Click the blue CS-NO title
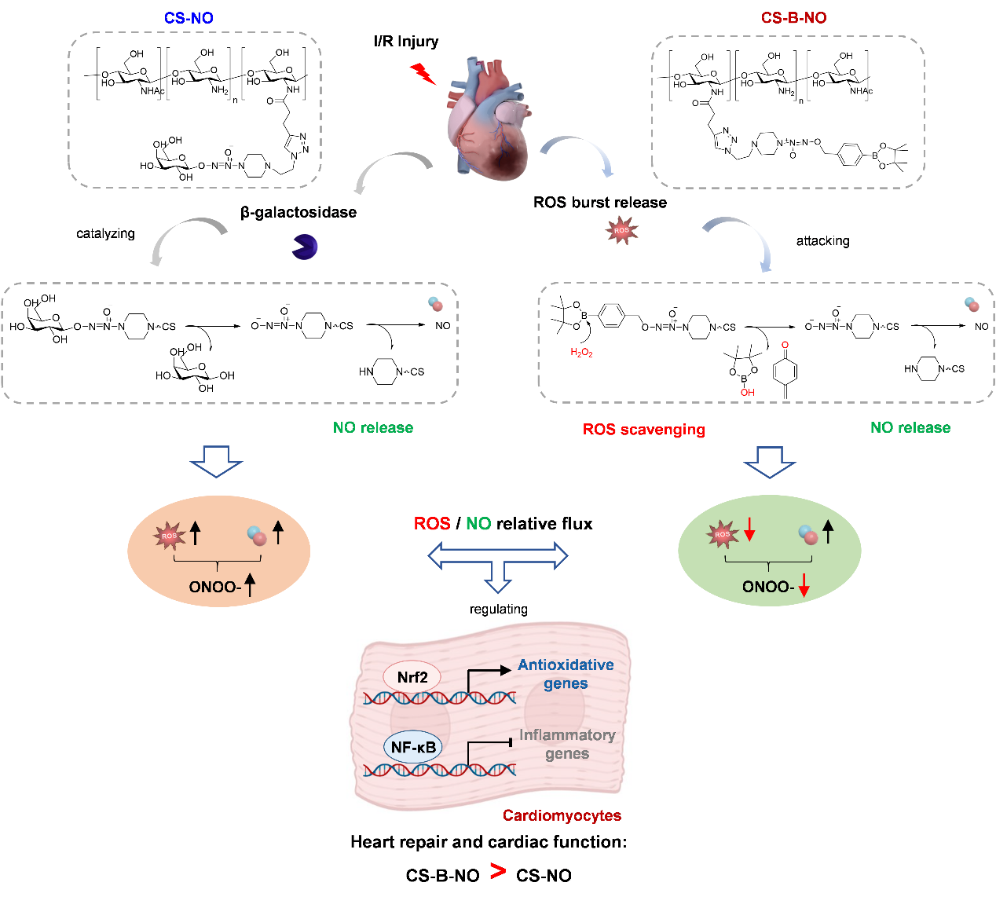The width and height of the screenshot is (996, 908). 189,18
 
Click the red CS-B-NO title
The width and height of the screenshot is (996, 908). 793,18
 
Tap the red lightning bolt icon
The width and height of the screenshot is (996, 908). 423,74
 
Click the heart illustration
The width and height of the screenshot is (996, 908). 487,118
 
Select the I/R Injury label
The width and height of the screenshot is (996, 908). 406,42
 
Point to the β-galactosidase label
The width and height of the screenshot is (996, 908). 298,212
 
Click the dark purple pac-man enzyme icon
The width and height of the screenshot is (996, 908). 305,247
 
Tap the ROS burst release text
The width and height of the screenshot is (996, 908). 600,203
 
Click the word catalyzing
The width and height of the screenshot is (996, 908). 105,233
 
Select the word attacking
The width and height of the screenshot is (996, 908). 822,241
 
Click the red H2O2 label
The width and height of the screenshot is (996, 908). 581,353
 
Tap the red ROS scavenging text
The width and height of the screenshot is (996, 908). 644,430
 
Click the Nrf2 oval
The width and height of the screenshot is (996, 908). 412,677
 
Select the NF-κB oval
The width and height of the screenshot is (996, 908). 413,747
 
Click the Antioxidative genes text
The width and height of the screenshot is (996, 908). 566,674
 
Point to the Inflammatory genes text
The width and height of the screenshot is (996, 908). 567,744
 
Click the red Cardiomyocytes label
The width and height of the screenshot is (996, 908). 562,815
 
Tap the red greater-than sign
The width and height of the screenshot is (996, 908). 498,871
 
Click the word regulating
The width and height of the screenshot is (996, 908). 499,609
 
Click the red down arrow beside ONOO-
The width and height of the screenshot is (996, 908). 804,586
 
